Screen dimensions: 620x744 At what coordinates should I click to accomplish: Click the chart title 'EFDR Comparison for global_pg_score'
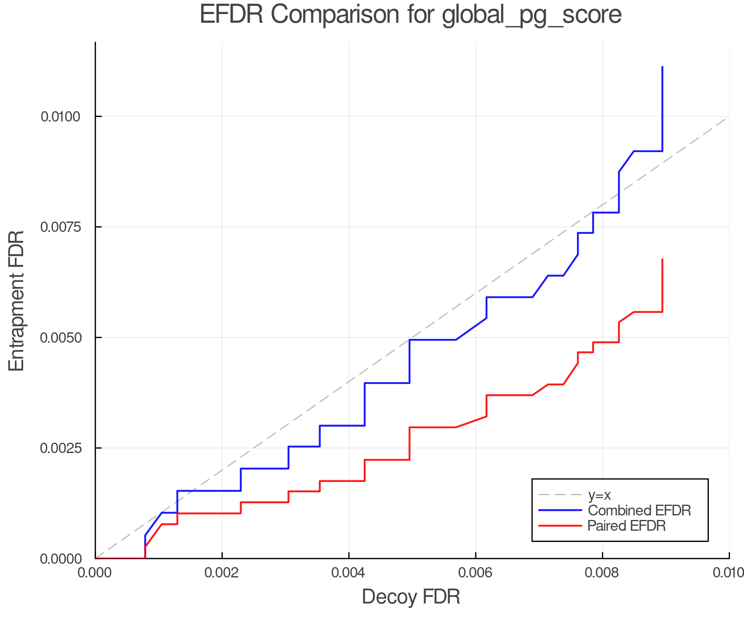coord(410,15)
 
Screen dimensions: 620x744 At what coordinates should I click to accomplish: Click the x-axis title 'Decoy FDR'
coord(411,597)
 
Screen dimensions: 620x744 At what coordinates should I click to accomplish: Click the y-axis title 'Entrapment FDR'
coord(17,300)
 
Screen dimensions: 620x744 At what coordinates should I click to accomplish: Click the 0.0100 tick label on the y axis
coord(60,117)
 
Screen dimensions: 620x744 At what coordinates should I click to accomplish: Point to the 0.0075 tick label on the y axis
coord(60,227)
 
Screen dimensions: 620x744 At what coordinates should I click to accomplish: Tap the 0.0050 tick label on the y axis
coord(60,338)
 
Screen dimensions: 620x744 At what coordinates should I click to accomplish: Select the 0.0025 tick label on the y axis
coord(60,448)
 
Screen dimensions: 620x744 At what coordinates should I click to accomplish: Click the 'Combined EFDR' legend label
coord(639,510)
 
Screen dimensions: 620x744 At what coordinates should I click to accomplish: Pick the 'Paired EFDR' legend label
coord(627,526)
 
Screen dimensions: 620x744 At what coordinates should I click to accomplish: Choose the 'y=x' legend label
coord(599,495)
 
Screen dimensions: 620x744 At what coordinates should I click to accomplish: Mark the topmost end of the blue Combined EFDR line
coord(662,67)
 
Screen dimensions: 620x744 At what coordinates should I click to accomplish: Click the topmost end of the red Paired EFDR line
coord(662,260)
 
